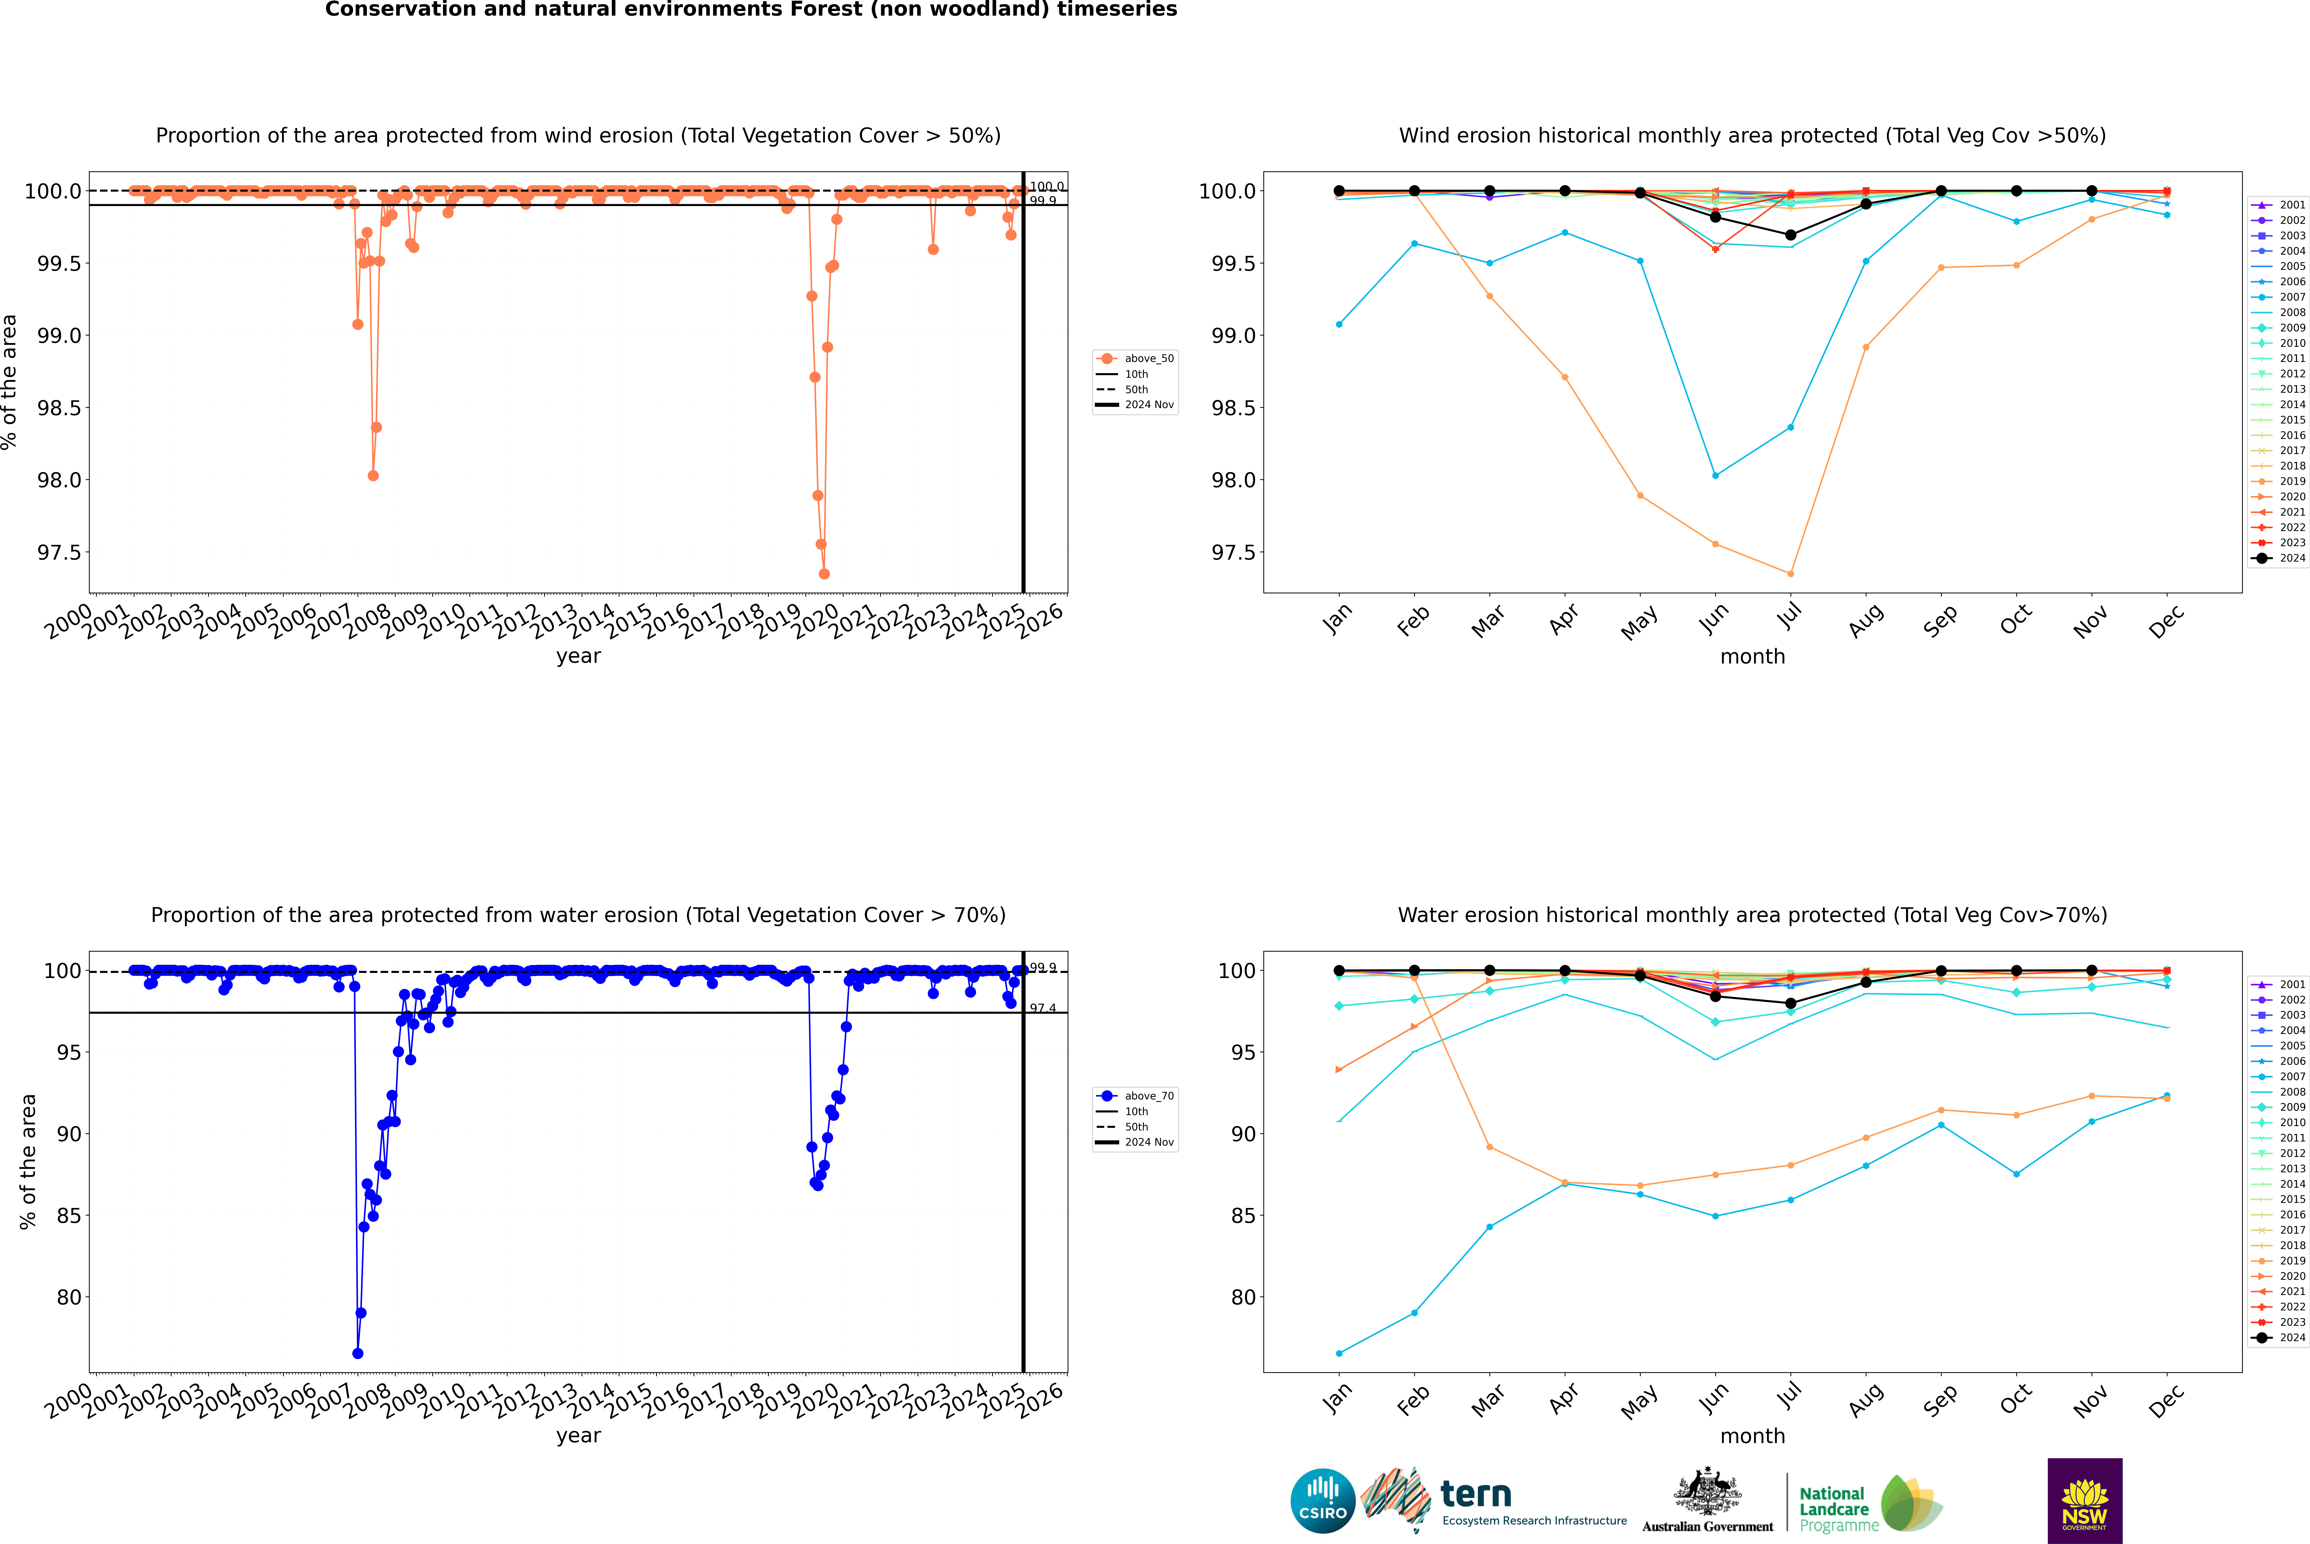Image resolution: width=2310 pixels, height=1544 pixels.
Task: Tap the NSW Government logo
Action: (2084, 1501)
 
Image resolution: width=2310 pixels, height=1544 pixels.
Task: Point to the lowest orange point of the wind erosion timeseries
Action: (824, 574)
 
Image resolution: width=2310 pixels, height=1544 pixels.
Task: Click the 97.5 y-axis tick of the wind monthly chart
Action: (1233, 552)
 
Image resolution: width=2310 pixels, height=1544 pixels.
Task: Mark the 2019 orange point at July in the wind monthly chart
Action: (1790, 574)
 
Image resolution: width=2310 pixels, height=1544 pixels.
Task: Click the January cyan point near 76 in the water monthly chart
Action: (1339, 1354)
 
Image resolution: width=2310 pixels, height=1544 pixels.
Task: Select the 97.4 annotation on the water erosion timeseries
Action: (1043, 1008)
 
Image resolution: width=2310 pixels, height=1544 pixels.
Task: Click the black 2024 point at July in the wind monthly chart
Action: (1790, 235)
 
